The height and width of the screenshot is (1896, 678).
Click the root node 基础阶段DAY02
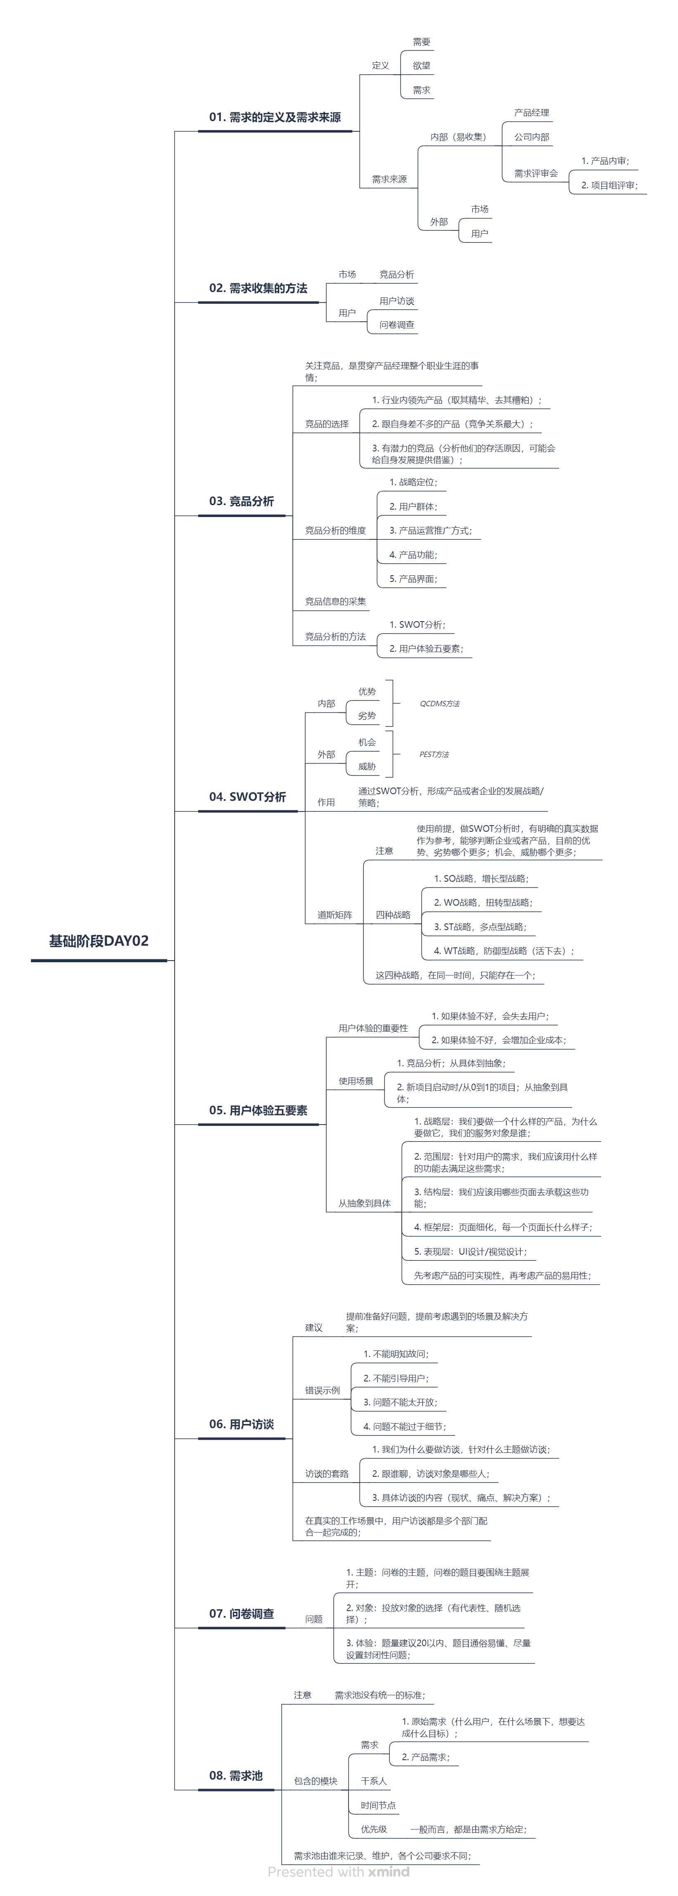coord(99,941)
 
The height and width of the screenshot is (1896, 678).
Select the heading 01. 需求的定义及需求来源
coord(275,117)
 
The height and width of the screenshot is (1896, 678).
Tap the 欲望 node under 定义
coord(421,66)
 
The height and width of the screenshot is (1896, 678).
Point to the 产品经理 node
coord(531,113)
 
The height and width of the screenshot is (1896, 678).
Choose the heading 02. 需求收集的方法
coord(258,288)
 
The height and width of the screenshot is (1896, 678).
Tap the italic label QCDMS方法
coord(439,704)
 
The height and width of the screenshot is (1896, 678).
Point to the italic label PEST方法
coord(434,755)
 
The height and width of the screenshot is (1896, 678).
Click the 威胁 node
coord(367,766)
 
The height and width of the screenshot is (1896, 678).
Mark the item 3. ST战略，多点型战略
coord(479,927)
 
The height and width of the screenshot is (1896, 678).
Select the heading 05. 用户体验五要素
coord(258,1110)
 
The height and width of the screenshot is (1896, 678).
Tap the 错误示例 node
coord(322,1391)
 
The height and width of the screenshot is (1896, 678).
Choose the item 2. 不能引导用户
coord(395,1378)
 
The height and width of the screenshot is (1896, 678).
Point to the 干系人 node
coord(373,1780)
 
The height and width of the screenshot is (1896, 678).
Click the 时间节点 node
coord(378,1805)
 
